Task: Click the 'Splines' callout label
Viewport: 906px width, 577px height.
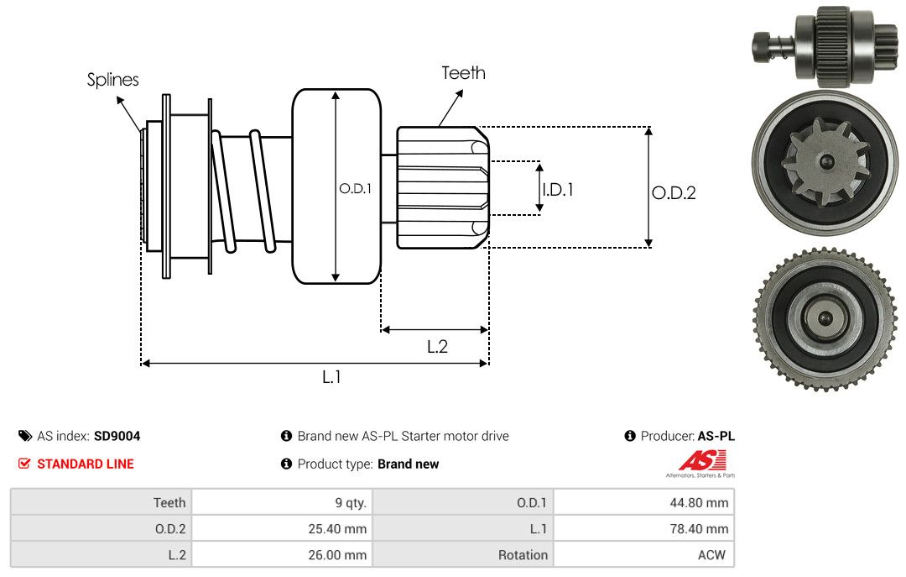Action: pos(112,80)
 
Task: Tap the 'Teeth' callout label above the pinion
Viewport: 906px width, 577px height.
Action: pos(463,73)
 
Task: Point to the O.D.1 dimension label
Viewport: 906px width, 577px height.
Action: pos(354,189)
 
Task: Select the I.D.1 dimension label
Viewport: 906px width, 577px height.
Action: pos(558,190)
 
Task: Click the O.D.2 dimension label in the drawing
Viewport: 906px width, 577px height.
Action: pos(674,193)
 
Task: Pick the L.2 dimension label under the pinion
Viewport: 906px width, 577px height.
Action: pos(437,346)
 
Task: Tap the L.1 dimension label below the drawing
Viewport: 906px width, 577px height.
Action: pos(331,377)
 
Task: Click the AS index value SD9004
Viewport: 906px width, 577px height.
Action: pos(117,436)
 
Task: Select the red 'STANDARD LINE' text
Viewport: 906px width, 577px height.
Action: pos(85,464)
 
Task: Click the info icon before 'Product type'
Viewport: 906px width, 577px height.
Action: pos(286,464)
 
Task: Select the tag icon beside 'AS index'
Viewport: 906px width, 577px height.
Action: pos(24,436)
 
